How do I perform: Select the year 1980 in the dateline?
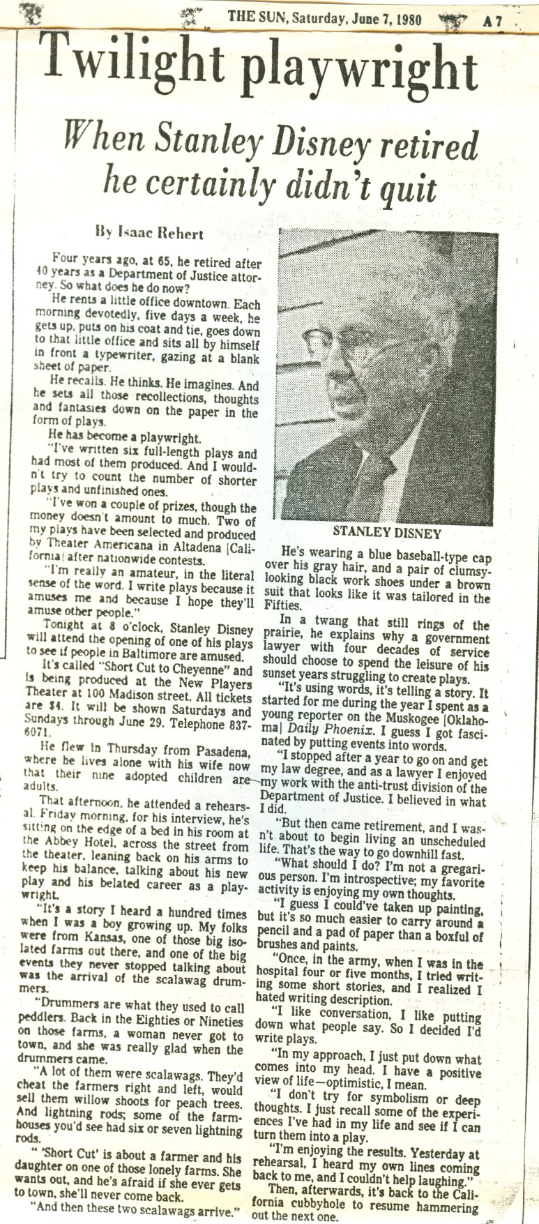[404, 20]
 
